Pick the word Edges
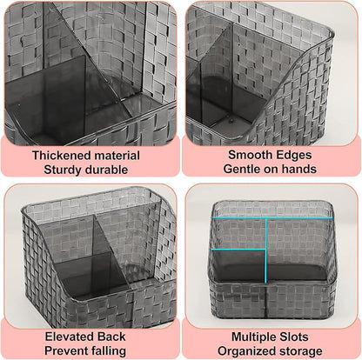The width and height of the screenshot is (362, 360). coord(293,155)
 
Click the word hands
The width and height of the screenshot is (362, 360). coord(299,169)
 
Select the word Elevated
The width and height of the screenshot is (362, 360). coord(70,337)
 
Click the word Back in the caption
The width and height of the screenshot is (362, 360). coord(111,337)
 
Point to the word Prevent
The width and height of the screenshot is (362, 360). coord(66,350)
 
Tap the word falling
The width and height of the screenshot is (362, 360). coord(109,351)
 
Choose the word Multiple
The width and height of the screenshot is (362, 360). coord(254,337)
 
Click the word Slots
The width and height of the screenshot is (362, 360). coord(294,337)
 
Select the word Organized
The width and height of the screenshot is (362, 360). coord(246,351)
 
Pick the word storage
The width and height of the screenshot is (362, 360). coord(301,351)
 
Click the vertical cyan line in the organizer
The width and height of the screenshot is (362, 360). coord(265,250)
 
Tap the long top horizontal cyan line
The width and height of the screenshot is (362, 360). coord(272,217)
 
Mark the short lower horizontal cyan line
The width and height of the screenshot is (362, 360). coord(238,249)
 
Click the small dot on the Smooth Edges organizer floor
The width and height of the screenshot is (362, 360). coord(231,118)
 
